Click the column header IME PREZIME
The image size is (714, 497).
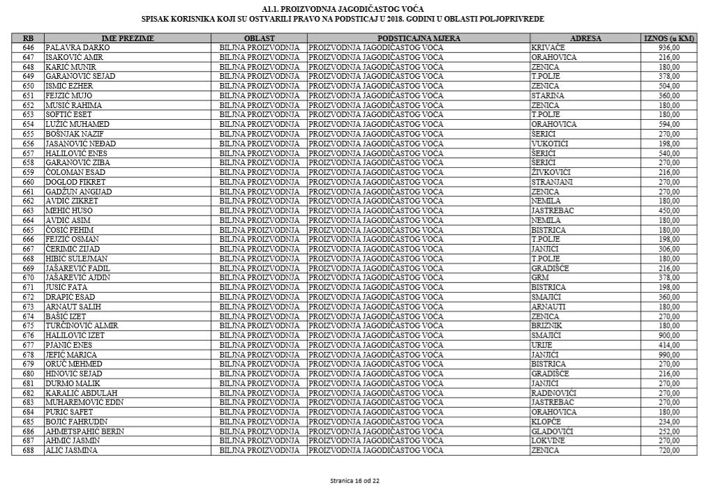click(x=128, y=38)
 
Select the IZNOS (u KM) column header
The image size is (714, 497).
click(x=668, y=38)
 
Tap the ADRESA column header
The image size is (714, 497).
click(x=585, y=38)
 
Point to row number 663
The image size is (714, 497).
click(x=28, y=211)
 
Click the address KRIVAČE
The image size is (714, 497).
click(x=549, y=47)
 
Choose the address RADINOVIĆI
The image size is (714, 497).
click(x=553, y=393)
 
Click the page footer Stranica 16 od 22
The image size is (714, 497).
click(x=356, y=481)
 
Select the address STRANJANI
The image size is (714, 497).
click(x=552, y=181)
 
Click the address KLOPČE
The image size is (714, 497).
click(x=546, y=422)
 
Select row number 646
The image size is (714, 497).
click(x=28, y=47)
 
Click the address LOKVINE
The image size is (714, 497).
click(x=548, y=441)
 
